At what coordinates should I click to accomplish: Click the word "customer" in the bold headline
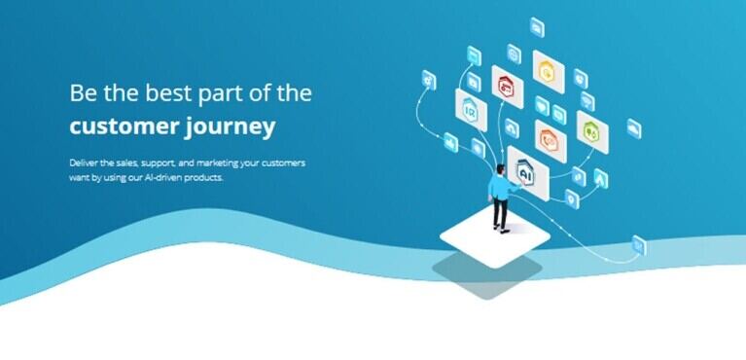[x=124, y=126]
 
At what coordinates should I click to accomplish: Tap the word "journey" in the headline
[x=231, y=128]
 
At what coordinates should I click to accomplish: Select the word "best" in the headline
[x=168, y=92]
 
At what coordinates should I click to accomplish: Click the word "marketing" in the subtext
[x=217, y=163]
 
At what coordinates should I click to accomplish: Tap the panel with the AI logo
[x=528, y=173]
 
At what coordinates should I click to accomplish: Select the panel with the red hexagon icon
[x=507, y=87]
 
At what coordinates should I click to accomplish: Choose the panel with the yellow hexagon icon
[x=549, y=71]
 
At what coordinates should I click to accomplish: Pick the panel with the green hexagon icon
[x=592, y=132]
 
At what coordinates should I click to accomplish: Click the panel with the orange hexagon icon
[x=551, y=141]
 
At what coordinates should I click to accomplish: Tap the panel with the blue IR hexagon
[x=471, y=110]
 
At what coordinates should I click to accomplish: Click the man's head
[x=501, y=169]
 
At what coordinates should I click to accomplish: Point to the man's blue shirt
[x=500, y=187]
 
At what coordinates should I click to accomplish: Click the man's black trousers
[x=500, y=212]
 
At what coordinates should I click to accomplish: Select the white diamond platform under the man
[x=495, y=237]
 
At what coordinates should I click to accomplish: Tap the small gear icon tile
[x=429, y=80]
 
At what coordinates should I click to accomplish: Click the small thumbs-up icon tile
[x=450, y=142]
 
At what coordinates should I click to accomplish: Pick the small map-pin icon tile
[x=572, y=199]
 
